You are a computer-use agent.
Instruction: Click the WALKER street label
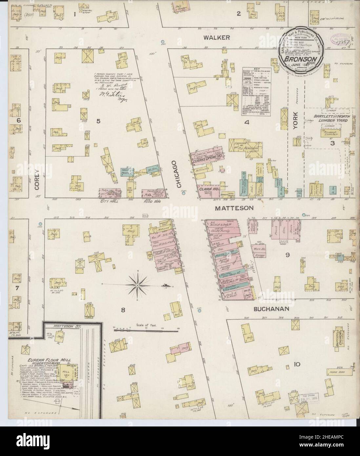tap(216, 38)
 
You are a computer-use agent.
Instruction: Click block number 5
tap(98, 122)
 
